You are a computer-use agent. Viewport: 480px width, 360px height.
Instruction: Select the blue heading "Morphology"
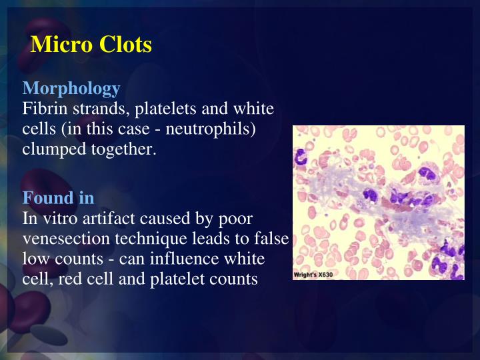71,88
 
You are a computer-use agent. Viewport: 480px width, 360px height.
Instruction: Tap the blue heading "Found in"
58,198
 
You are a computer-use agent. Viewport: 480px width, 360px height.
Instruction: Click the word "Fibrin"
41,108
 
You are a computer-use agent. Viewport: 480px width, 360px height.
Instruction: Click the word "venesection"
61,239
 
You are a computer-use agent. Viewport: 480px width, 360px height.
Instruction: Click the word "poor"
238,219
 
